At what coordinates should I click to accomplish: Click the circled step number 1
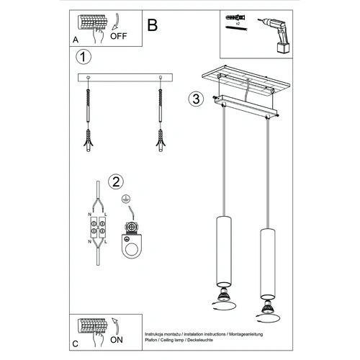[84, 57]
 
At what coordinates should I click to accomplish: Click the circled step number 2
[115, 181]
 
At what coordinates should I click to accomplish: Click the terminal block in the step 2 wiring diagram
[97, 229]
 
